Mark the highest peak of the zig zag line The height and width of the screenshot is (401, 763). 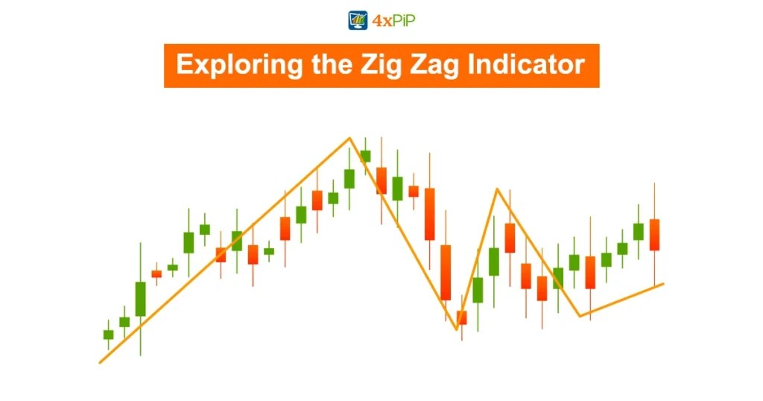pyautogui.click(x=349, y=138)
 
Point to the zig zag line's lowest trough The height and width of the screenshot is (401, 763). pyautogui.click(x=457, y=329)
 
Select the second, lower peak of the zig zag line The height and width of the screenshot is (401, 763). pyautogui.click(x=496, y=189)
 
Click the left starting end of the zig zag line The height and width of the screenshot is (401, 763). pyautogui.click(x=101, y=362)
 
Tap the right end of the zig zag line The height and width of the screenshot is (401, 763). pyautogui.click(x=662, y=283)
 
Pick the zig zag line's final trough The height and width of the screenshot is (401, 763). pyautogui.click(x=580, y=316)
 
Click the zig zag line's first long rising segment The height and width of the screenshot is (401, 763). pyautogui.click(x=224, y=250)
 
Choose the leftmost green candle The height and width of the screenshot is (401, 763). pyautogui.click(x=108, y=335)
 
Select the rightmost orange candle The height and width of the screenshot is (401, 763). pyautogui.click(x=654, y=235)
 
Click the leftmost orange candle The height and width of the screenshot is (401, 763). pyautogui.click(x=156, y=274)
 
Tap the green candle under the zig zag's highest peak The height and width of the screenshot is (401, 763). pyautogui.click(x=365, y=156)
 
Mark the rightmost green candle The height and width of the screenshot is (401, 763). pyautogui.click(x=639, y=231)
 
